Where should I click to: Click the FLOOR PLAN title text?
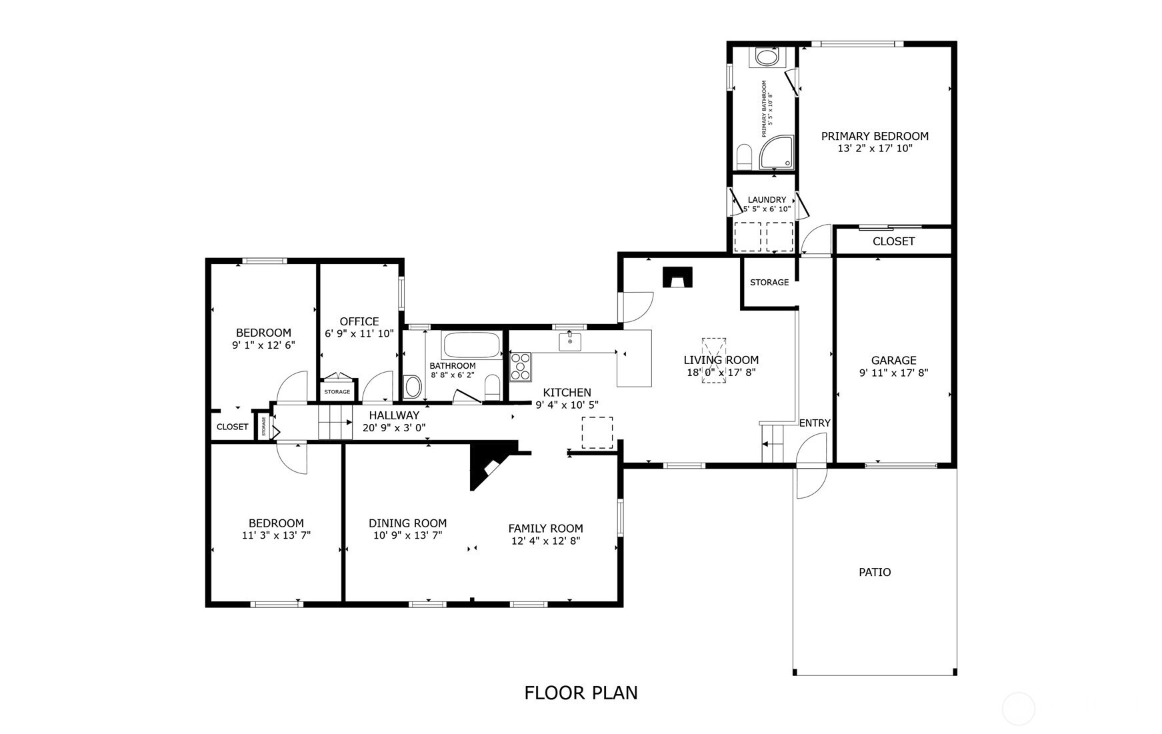click(581, 693)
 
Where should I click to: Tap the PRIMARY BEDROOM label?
click(875, 136)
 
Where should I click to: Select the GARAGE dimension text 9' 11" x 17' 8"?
click(893, 373)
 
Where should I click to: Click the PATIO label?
click(875, 572)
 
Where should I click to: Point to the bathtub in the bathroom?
click(471, 345)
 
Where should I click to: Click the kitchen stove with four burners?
click(521, 367)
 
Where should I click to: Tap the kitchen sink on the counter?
click(570, 342)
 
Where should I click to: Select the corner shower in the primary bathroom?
click(778, 153)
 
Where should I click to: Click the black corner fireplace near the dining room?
click(492, 463)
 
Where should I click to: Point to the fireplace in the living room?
click(677, 277)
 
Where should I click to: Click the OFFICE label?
click(359, 321)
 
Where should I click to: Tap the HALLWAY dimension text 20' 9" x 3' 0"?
click(394, 428)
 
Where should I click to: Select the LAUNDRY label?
click(767, 199)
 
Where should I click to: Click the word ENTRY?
click(815, 423)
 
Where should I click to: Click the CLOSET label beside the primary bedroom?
click(893, 241)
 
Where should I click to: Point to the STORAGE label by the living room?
click(769, 283)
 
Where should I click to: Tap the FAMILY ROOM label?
click(545, 529)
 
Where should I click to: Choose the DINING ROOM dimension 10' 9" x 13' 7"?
click(407, 535)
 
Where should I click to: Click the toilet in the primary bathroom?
click(745, 157)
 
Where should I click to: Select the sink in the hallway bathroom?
click(413, 387)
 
